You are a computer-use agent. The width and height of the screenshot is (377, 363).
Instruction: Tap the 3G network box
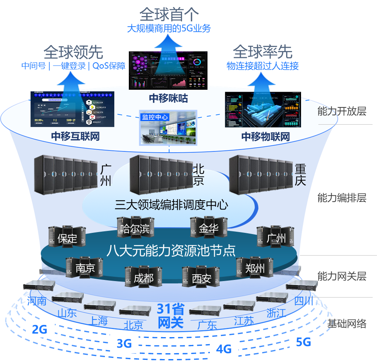tap(124, 344)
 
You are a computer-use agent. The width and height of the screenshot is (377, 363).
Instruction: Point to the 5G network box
tap(303, 342)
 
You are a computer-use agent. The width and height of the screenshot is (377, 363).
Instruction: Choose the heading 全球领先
tap(73, 52)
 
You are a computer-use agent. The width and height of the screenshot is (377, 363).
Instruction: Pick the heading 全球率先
tap(263, 52)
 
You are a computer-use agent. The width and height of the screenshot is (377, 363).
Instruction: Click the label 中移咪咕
tap(168, 98)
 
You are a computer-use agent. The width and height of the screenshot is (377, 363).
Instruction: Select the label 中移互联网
tap(75, 136)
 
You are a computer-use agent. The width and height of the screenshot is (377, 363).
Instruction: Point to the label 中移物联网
tap(265, 136)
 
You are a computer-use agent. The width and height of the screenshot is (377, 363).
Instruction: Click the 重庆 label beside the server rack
tap(300, 175)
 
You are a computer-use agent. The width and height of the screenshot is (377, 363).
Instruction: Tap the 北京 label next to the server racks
tap(198, 175)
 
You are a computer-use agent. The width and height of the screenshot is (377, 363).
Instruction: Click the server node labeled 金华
tap(208, 228)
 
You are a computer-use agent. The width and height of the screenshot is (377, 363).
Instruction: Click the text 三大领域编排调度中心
tap(171, 205)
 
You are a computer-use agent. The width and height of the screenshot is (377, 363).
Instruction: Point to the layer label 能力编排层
tap(341, 198)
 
